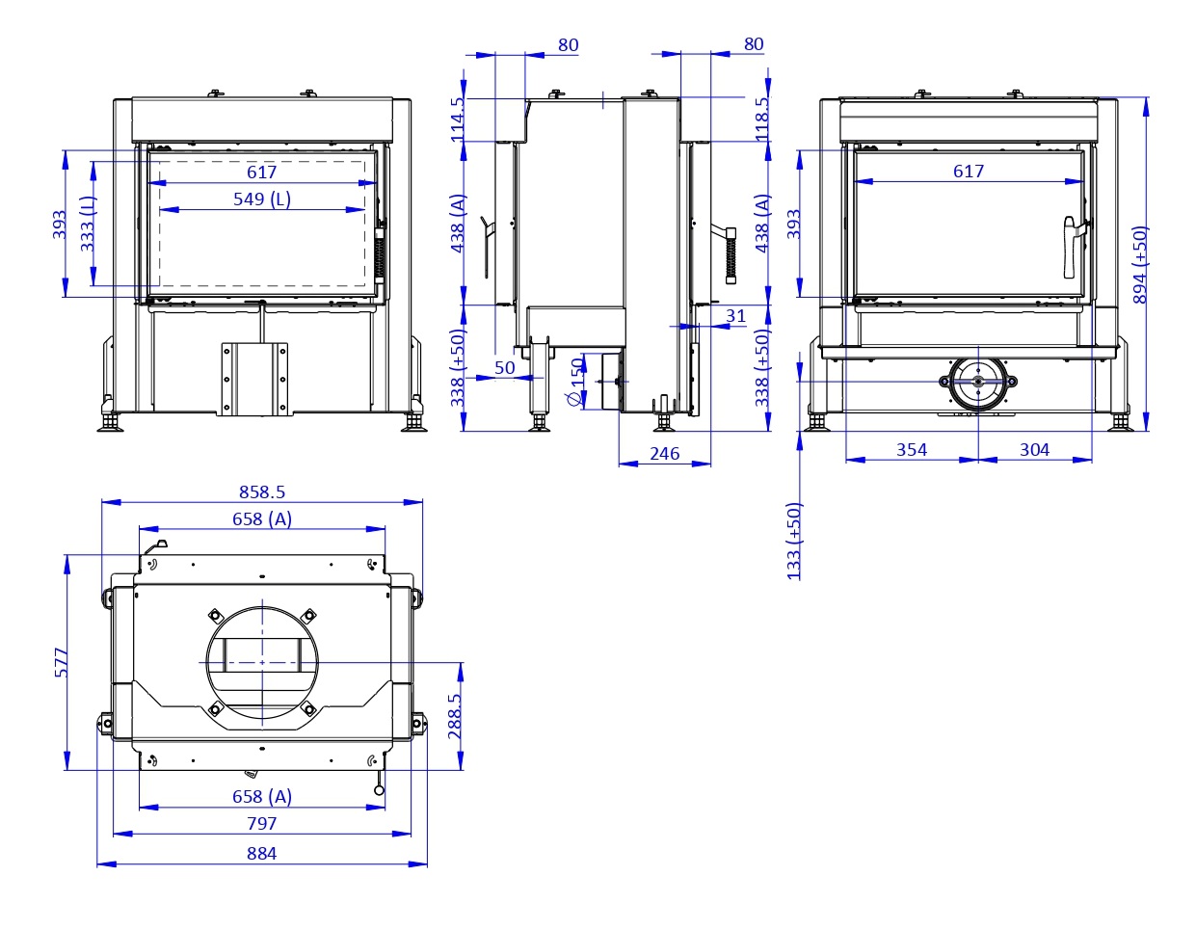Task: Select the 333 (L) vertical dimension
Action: tap(88, 223)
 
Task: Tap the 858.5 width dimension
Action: tap(262, 491)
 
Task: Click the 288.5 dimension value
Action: tap(455, 715)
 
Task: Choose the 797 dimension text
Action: tap(261, 823)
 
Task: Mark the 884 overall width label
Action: tap(261, 853)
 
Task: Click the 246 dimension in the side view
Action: tap(665, 453)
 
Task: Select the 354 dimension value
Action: tap(911, 449)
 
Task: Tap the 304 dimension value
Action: tap(1034, 449)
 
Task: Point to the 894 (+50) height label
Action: tap(1141, 264)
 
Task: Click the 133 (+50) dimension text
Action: tap(794, 540)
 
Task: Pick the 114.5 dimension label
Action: tap(458, 119)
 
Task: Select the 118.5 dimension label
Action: tap(763, 119)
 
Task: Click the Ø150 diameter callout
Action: tap(576, 383)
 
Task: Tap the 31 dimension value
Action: tap(735, 315)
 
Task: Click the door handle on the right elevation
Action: tap(1071, 247)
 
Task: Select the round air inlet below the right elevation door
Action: tap(978, 382)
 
